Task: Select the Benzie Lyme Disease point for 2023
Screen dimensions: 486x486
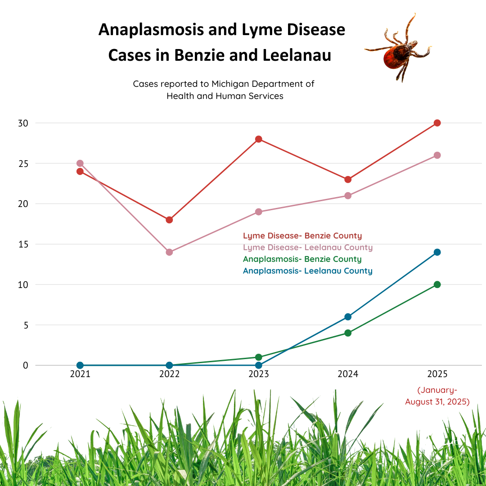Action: [258, 139]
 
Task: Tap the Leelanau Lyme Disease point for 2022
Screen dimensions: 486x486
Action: [169, 252]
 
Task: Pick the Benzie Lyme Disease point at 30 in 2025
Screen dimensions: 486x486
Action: [437, 123]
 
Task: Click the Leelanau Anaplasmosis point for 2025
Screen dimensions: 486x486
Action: [437, 252]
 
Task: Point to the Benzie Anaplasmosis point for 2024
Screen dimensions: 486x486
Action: [348, 333]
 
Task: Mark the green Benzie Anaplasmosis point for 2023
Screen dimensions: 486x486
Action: [258, 357]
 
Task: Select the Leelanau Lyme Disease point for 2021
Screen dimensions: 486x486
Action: [80, 163]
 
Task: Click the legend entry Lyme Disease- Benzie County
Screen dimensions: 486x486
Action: [302, 236]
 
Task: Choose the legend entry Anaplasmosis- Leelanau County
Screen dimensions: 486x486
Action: [307, 271]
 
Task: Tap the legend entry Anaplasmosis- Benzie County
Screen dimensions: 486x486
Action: [302, 259]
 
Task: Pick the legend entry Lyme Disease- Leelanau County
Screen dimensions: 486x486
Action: [307, 247]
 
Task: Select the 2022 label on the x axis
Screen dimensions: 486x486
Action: [169, 374]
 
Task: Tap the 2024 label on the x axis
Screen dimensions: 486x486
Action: [348, 374]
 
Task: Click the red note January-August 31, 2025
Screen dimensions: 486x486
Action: [437, 396]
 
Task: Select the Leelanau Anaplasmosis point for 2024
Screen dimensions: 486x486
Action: [348, 317]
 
